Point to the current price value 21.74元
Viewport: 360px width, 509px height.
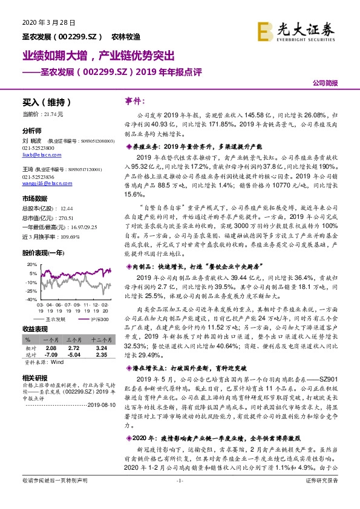pyautogui.click(x=53, y=114)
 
